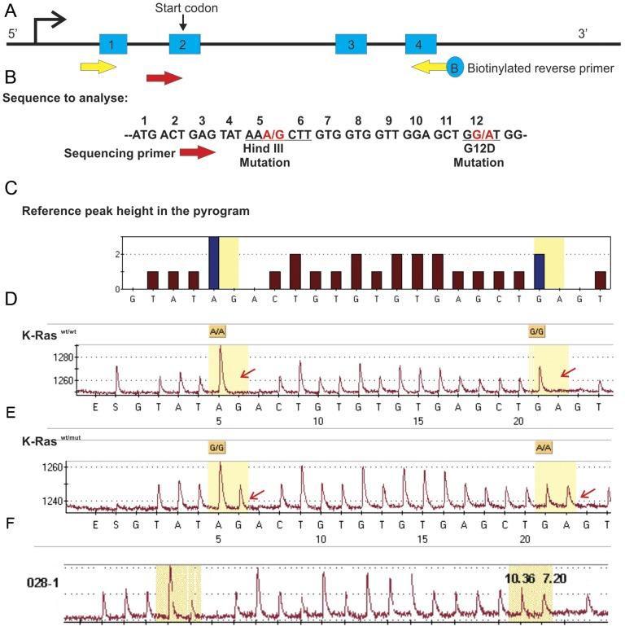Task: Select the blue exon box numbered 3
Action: (x=351, y=44)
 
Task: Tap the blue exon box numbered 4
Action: (x=420, y=44)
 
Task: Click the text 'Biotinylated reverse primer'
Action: (x=540, y=68)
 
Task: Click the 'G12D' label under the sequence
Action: (x=480, y=150)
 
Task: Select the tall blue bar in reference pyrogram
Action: (x=214, y=263)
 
